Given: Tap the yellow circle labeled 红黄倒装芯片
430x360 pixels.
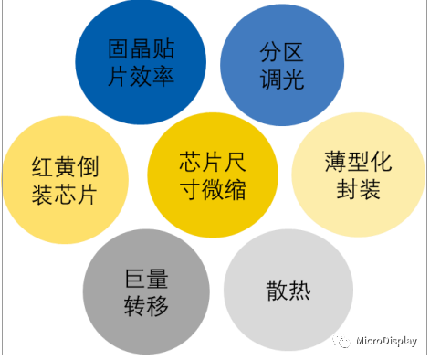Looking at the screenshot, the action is click(63, 178).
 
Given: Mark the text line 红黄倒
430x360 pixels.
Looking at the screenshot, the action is click(64, 164).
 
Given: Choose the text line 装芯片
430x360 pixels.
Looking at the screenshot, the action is click(64, 194).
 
